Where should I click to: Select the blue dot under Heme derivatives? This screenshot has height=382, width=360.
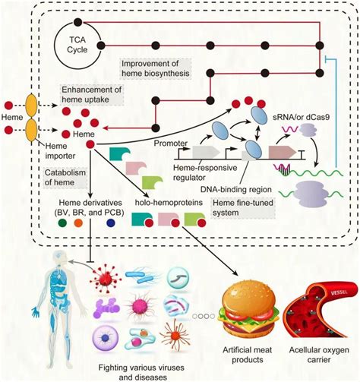pos(112,225)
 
